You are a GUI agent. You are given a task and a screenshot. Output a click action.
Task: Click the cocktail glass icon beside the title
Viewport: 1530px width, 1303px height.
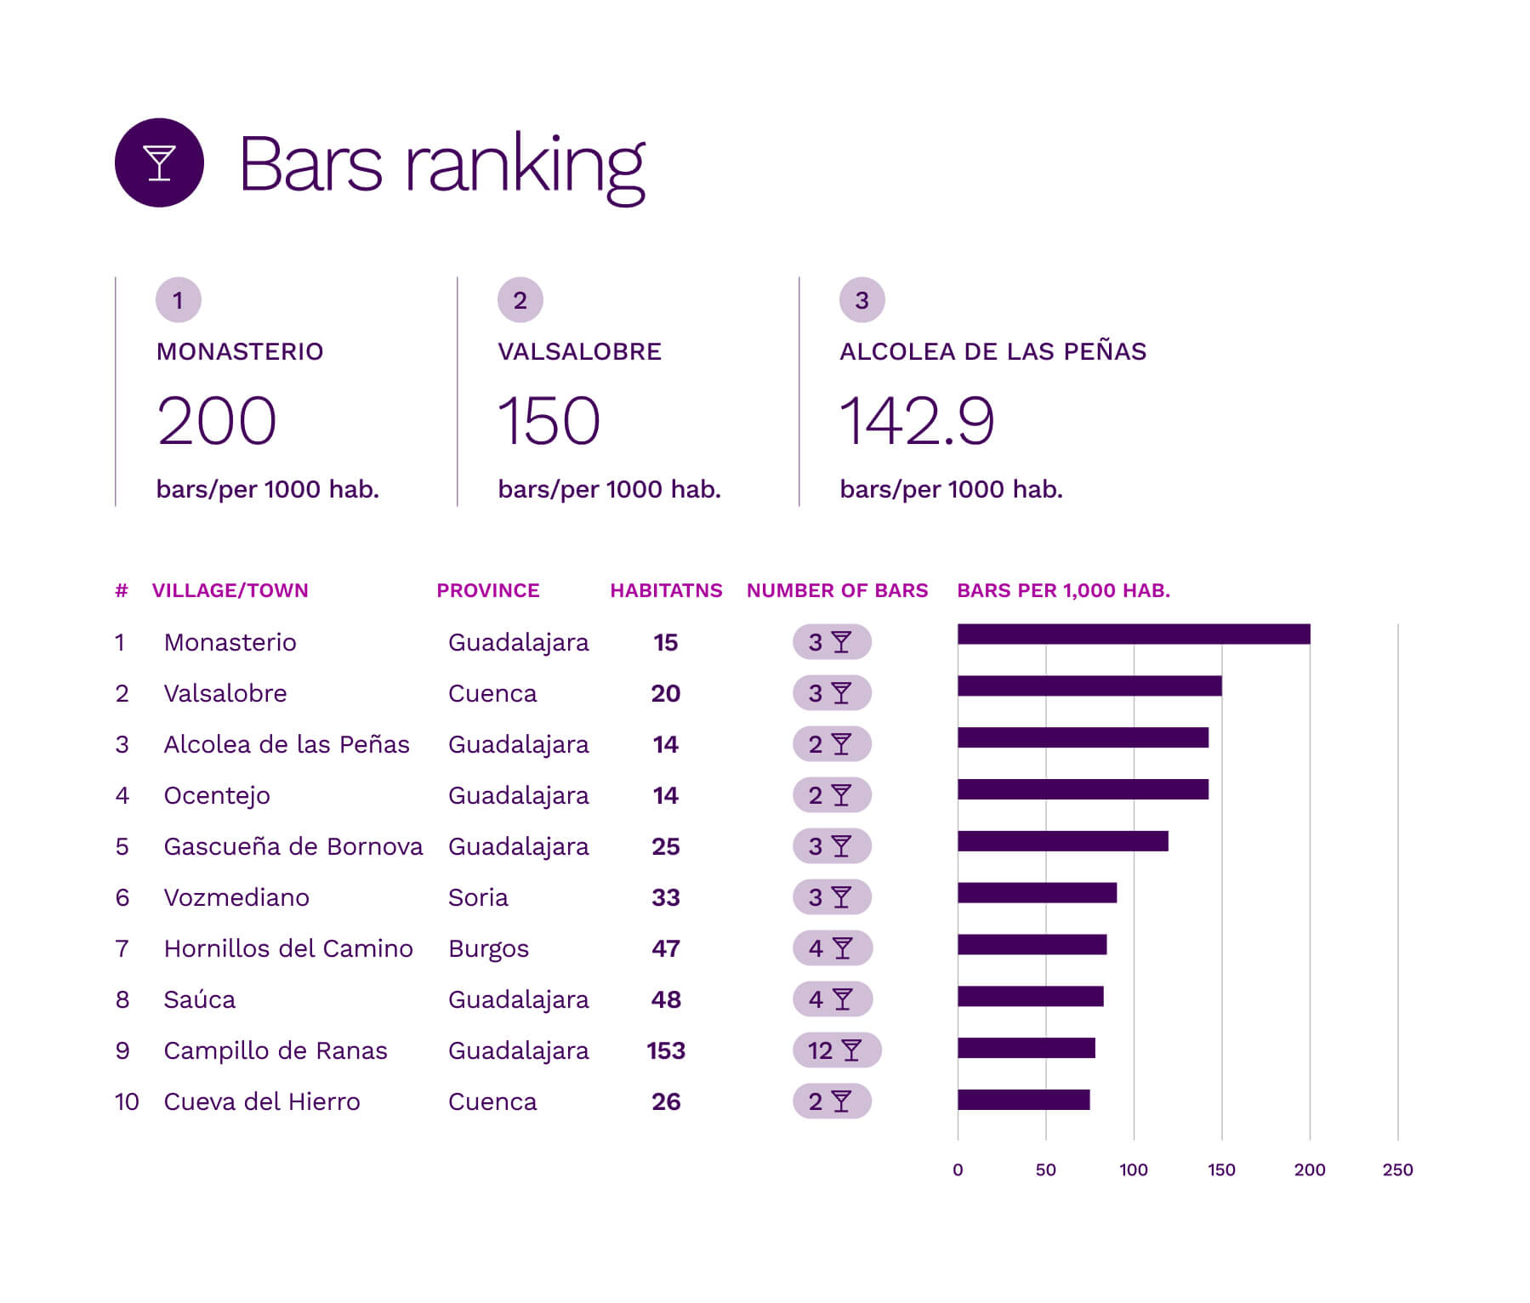pyautogui.click(x=159, y=162)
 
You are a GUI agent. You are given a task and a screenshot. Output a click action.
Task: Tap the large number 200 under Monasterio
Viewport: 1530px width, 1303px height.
pyautogui.click(x=217, y=421)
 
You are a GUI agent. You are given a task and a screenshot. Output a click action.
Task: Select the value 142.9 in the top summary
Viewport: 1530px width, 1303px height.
pyautogui.click(x=916, y=421)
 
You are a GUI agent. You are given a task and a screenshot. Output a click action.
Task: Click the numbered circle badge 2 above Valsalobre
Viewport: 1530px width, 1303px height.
pyautogui.click(x=520, y=300)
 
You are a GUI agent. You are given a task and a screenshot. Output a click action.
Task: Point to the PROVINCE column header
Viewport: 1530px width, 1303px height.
pyautogui.click(x=487, y=590)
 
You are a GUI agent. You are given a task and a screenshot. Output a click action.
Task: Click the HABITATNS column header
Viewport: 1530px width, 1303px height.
pyautogui.click(x=666, y=590)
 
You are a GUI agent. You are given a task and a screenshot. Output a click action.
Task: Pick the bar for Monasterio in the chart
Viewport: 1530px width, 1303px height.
pyautogui.click(x=1133, y=634)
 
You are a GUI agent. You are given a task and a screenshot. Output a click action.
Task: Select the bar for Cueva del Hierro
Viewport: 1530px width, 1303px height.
pyautogui.click(x=1023, y=1100)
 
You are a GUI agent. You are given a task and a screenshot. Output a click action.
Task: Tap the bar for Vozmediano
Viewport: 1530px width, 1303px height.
pyautogui.click(x=1037, y=893)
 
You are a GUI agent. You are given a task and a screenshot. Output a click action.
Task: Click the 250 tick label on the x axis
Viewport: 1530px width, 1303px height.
pyautogui.click(x=1397, y=1170)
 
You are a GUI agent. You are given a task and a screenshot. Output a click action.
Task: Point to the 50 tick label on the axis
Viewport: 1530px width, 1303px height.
pyautogui.click(x=1045, y=1170)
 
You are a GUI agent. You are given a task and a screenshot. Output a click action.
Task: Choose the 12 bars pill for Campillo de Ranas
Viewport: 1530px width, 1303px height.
pyautogui.click(x=836, y=1050)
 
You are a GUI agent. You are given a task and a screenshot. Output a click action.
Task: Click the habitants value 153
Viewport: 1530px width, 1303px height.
pyautogui.click(x=666, y=1051)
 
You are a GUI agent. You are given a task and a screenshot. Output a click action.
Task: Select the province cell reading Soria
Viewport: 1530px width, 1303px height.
pyautogui.click(x=478, y=898)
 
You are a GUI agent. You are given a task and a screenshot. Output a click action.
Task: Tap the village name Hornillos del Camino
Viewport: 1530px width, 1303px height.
pyautogui.click(x=288, y=949)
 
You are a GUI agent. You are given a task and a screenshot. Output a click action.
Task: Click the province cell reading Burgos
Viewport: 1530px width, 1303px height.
pyautogui.click(x=488, y=949)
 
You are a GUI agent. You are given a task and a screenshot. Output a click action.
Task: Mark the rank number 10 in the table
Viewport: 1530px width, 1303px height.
pyautogui.click(x=127, y=1102)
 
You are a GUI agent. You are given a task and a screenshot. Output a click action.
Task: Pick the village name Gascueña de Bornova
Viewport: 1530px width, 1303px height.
pyautogui.click(x=293, y=847)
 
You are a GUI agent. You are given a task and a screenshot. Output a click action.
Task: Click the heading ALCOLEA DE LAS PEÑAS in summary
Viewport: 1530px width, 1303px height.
pyautogui.click(x=993, y=352)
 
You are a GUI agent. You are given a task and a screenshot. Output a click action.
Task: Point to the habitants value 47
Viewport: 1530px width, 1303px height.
pyautogui.click(x=666, y=949)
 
